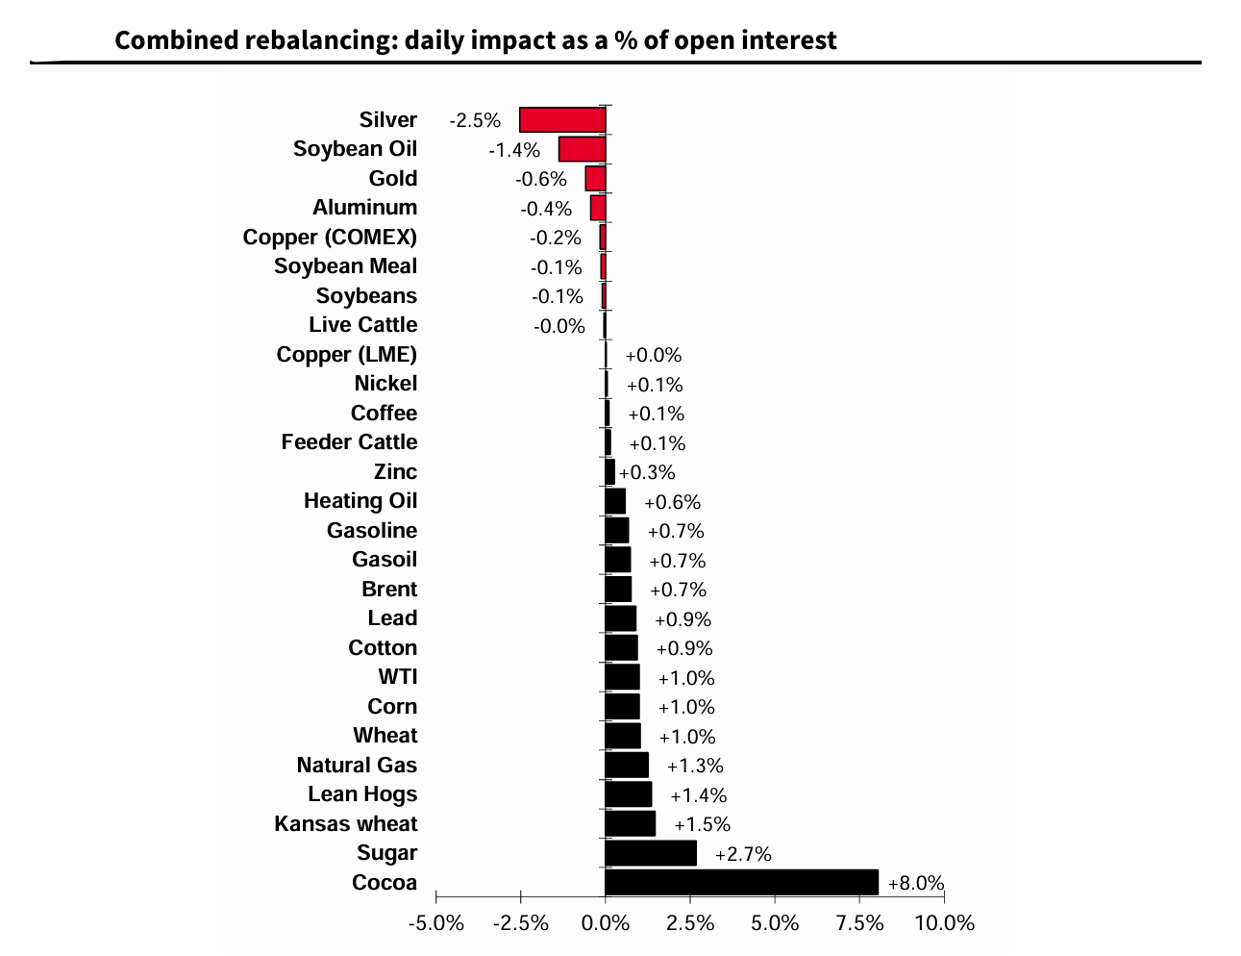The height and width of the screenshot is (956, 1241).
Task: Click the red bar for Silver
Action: click(x=562, y=119)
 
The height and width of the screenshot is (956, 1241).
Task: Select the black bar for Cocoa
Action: click(x=741, y=882)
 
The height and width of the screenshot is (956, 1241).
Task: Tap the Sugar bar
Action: click(x=651, y=853)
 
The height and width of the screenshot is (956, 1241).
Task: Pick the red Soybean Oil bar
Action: click(x=583, y=149)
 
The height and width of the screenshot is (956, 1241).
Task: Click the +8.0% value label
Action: click(x=915, y=883)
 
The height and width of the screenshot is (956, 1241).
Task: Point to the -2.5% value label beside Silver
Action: click(x=475, y=120)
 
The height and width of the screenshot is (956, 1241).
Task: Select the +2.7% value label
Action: click(x=743, y=854)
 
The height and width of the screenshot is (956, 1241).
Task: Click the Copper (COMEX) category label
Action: click(x=330, y=238)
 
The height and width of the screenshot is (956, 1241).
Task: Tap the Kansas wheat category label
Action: click(x=346, y=824)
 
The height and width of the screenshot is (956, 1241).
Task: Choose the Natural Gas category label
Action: click(x=357, y=766)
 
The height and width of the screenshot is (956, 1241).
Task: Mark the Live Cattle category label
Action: click(x=362, y=325)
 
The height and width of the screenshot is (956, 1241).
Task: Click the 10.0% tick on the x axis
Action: click(x=944, y=923)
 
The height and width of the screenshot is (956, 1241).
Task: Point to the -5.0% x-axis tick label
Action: click(x=436, y=923)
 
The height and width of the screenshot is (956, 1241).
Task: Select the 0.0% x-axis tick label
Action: click(x=606, y=923)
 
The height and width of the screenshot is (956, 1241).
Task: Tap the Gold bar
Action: click(x=596, y=179)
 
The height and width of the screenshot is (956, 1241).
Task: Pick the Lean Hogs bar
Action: click(x=629, y=794)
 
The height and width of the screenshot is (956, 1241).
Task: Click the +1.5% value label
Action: click(x=702, y=824)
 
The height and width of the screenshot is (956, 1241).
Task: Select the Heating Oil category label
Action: click(x=360, y=501)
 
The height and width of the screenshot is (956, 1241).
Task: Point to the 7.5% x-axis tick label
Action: click(x=859, y=923)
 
